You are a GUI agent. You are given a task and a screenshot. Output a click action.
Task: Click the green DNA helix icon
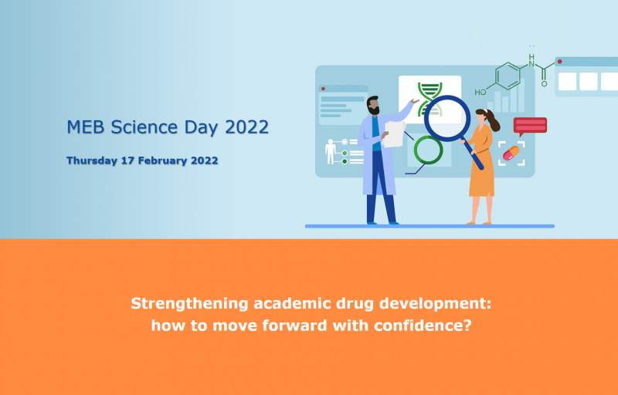(430, 98)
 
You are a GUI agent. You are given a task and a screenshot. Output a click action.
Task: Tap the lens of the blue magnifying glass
(447, 118)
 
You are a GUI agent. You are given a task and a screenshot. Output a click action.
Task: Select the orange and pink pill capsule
(511, 153)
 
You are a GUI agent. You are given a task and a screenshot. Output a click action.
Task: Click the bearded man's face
(373, 106)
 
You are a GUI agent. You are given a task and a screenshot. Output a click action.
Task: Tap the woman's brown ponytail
(492, 120)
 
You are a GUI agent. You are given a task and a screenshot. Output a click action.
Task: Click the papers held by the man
(394, 133)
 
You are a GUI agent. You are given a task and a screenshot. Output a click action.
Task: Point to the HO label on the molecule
(480, 93)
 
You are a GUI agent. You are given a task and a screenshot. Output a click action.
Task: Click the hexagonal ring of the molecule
(508, 75)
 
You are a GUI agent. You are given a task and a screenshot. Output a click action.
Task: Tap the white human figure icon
(331, 151)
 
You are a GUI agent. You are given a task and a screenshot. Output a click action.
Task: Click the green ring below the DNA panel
(428, 150)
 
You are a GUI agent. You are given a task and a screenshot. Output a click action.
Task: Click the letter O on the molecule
(544, 84)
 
